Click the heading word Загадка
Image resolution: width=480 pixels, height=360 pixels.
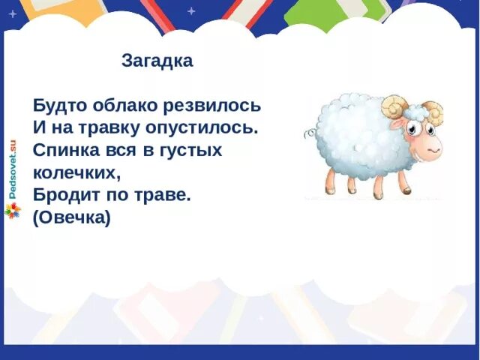[x=157, y=61]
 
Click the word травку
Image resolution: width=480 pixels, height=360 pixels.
[x=110, y=127]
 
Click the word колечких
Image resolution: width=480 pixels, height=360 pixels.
[x=76, y=172]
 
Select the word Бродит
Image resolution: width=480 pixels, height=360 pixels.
[x=63, y=195]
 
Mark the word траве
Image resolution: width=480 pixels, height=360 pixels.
[x=165, y=195]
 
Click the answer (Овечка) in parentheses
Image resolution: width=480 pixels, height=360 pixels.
[x=72, y=218]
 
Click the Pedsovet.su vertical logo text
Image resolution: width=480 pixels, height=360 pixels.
[x=12, y=169]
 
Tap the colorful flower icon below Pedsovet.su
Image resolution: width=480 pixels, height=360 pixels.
[x=12, y=211]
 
